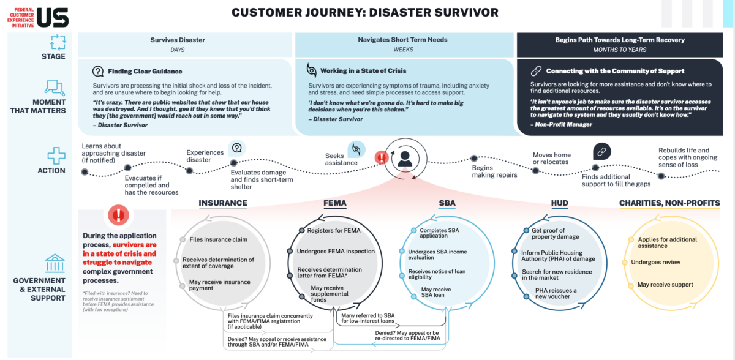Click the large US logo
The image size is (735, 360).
coord(53,17)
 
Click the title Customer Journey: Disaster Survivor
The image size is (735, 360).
coord(364,12)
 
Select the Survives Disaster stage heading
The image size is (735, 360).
coord(178,40)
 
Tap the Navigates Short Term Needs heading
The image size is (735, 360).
coord(402,40)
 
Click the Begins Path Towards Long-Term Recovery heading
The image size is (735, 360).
coord(620,40)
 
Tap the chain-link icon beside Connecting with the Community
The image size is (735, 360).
coord(536,71)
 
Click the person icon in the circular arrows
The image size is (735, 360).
coord(404,159)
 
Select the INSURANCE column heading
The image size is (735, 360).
coord(223,203)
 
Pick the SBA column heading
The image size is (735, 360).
coord(447,203)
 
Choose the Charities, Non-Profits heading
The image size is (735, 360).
coord(669,203)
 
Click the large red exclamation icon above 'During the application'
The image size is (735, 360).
coord(118,215)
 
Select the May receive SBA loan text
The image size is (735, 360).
coord(435,292)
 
